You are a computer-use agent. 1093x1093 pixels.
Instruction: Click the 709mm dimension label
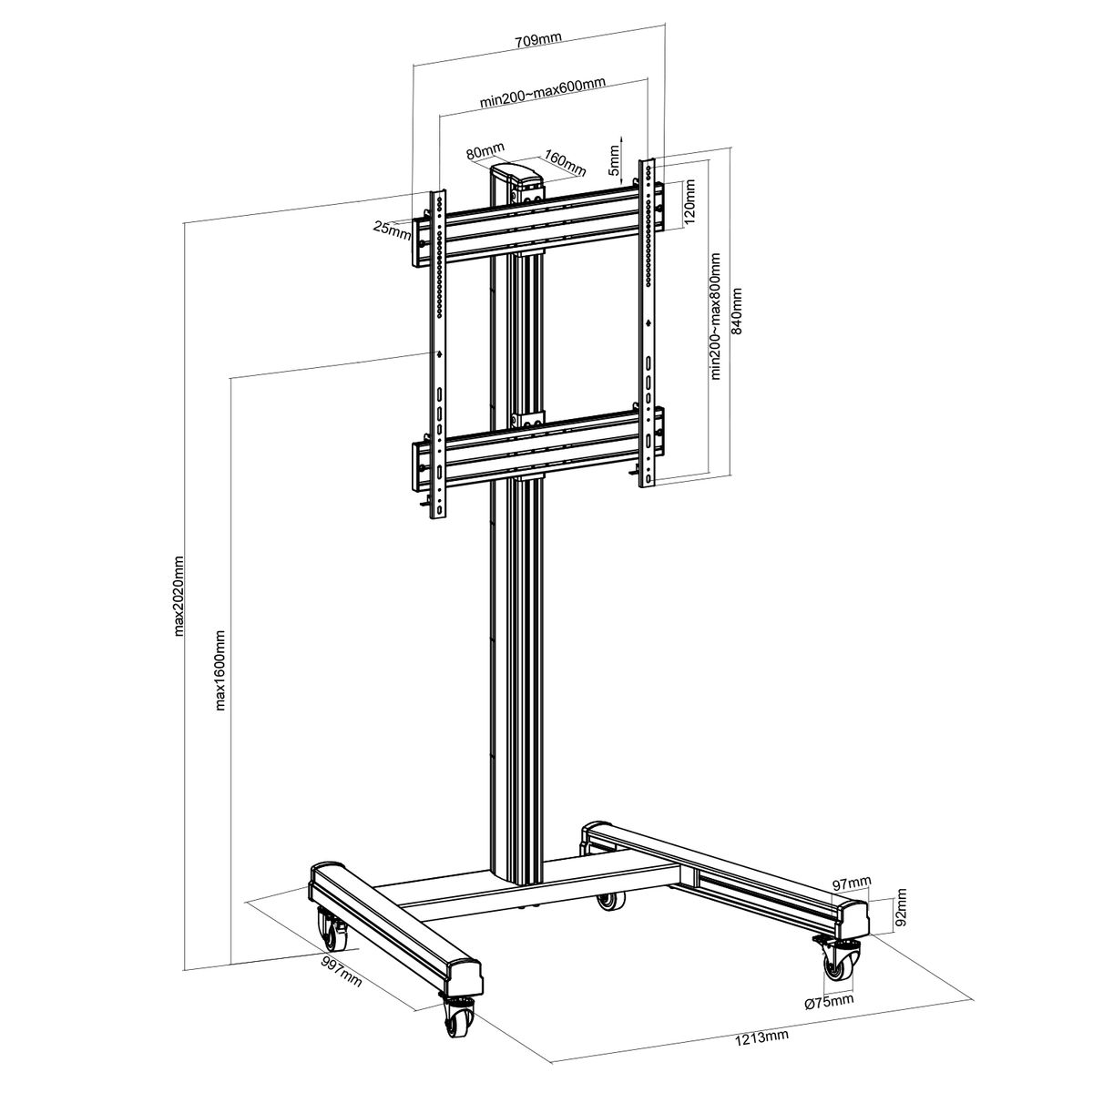coord(537,40)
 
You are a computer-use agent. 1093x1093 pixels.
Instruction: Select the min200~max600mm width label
coord(542,92)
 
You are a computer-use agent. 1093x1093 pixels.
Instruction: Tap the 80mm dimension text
coord(485,151)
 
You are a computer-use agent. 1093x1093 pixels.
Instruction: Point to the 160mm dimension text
coord(565,162)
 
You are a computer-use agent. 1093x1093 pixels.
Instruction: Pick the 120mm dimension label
coord(690,202)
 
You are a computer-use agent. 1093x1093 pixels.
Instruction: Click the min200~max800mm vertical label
coord(715,316)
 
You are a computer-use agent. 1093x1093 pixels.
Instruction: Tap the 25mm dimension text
coord(392,230)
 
